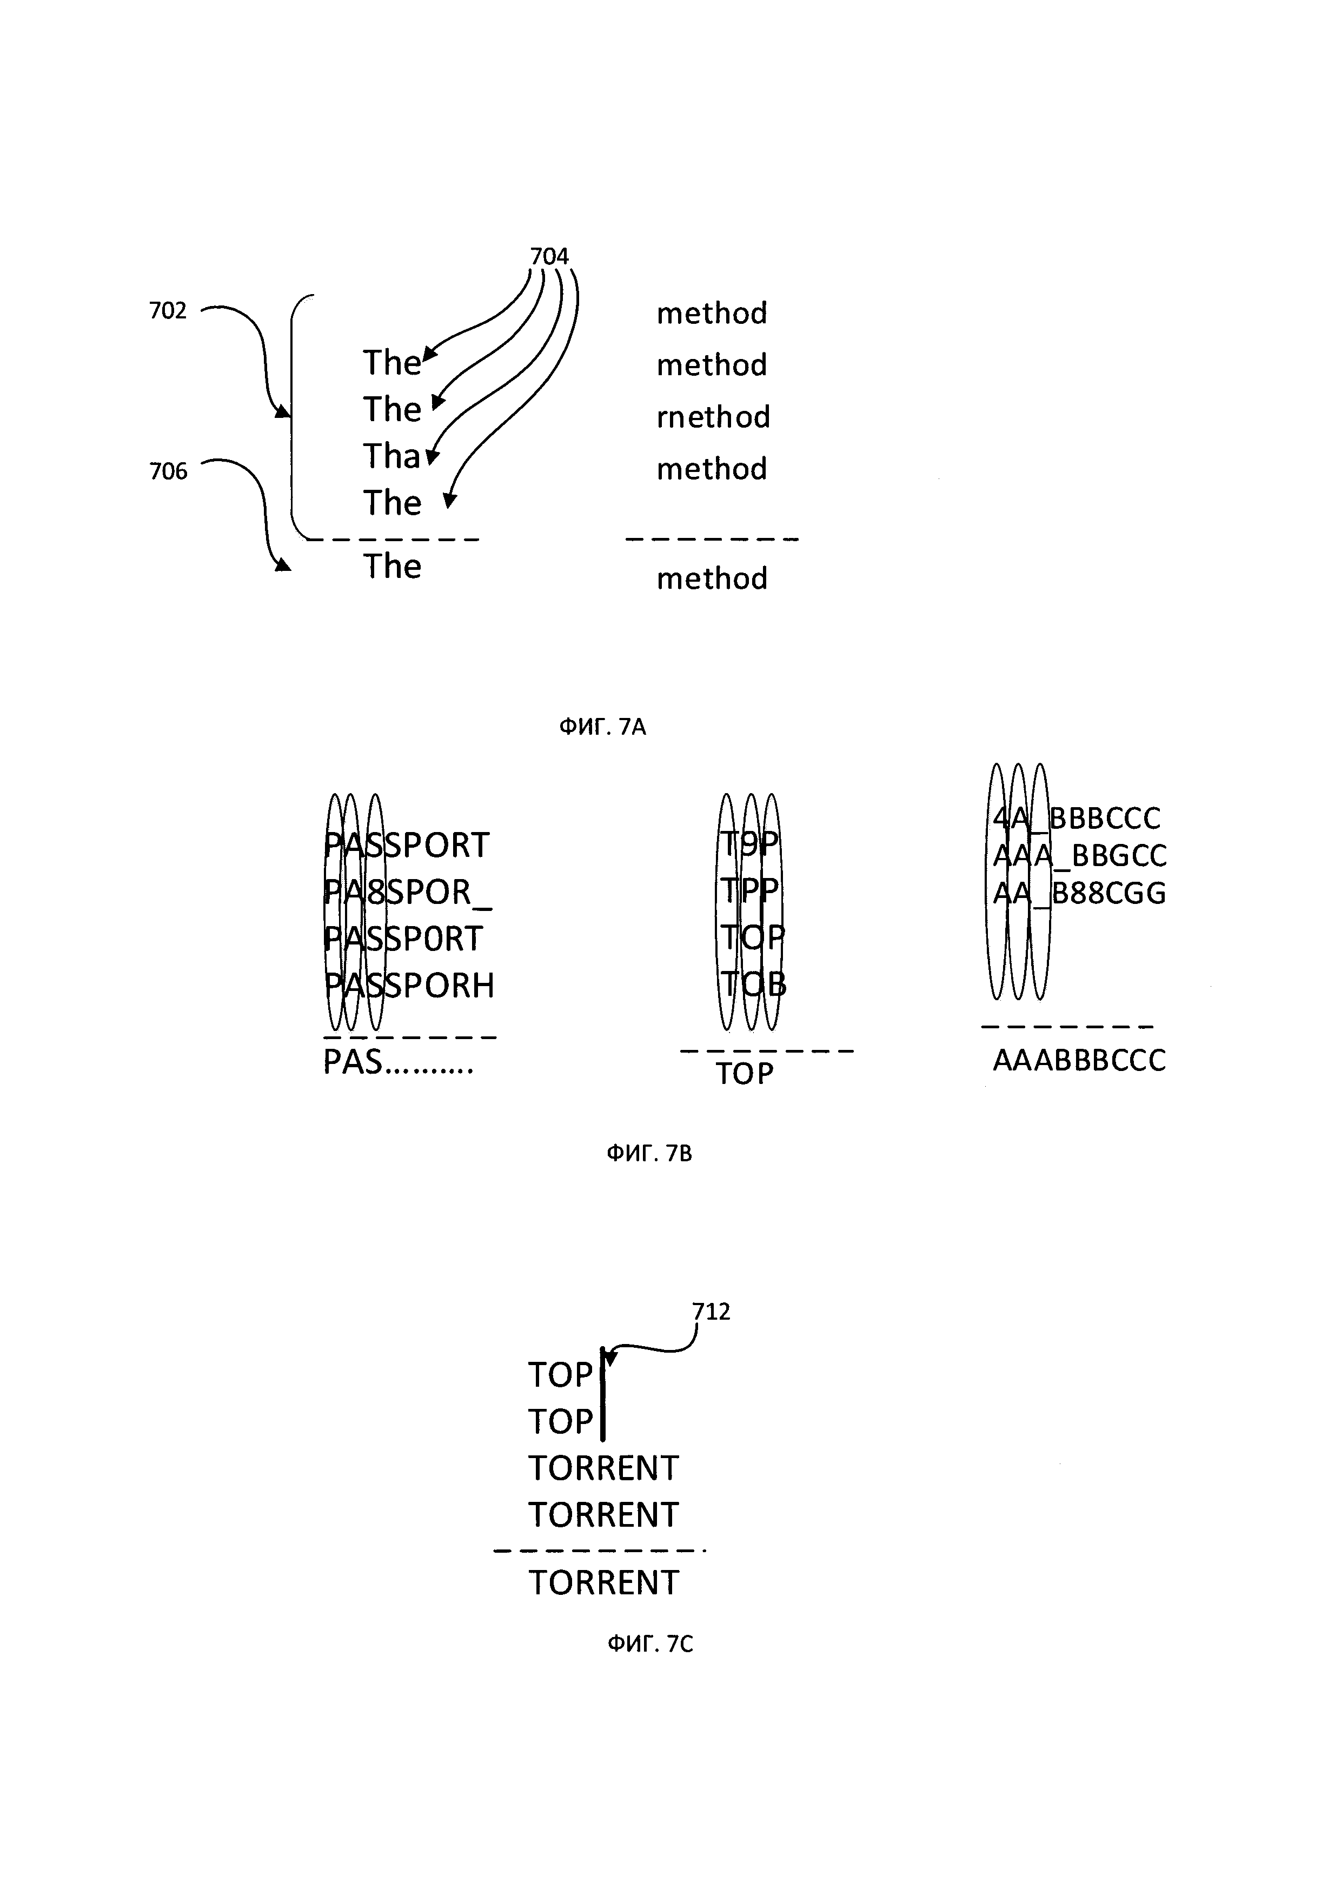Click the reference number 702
pyautogui.click(x=168, y=311)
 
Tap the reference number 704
pyautogui.click(x=549, y=257)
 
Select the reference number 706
pyautogui.click(x=168, y=471)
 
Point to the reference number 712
pyautogui.click(x=711, y=1312)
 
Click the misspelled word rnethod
pyautogui.click(x=713, y=417)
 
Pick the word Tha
pyautogui.click(x=392, y=457)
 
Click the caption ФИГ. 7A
pyautogui.click(x=602, y=727)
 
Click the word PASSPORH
pyautogui.click(x=409, y=985)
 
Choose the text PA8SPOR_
pyautogui.click(x=408, y=892)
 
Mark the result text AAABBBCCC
pyautogui.click(x=1078, y=1060)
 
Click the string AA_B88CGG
pyautogui.click(x=1078, y=894)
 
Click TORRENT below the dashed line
pyautogui.click(x=603, y=1583)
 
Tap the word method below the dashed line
pyautogui.click(x=712, y=579)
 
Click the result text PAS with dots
pyautogui.click(x=398, y=1063)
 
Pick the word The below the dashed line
pyautogui.click(x=392, y=567)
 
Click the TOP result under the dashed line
pyautogui.click(x=744, y=1074)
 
